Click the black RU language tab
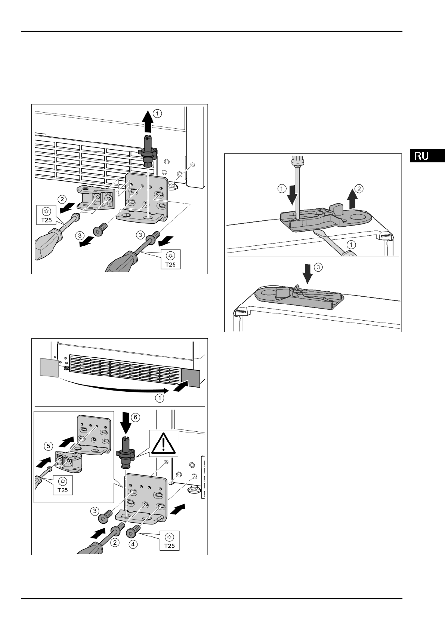(427, 156)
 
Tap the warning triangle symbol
(163, 444)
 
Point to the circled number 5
(47, 446)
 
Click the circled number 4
(133, 545)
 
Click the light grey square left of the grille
(49, 367)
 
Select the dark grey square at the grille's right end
(191, 377)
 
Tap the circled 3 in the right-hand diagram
(317, 267)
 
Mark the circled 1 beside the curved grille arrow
(160, 398)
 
